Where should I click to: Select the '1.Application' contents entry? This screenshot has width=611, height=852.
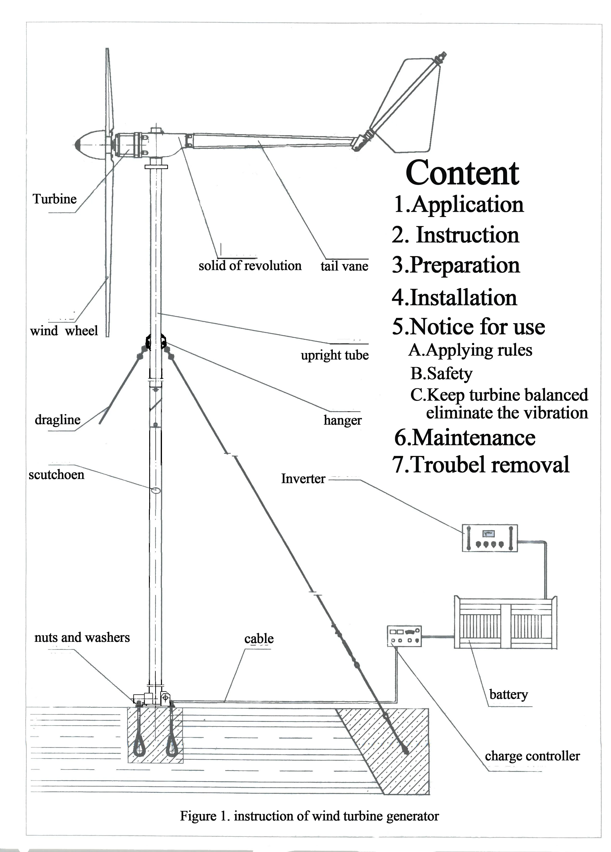pos(458,204)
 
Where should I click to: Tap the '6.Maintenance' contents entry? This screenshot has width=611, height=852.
pos(465,438)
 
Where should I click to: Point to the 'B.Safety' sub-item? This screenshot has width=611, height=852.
pos(441,373)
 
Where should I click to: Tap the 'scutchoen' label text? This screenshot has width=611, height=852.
pos(56,474)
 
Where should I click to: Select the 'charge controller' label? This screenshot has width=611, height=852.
pos(532,756)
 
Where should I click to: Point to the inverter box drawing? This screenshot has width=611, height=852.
pos(489,538)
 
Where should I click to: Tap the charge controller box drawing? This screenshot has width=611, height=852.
pos(404,636)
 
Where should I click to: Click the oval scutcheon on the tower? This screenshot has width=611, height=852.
pos(156,490)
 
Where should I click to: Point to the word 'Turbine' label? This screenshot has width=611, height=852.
pos(55,199)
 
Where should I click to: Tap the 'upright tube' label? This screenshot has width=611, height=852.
pos(335,355)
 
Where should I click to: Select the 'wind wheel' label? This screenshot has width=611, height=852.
pos(64,331)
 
